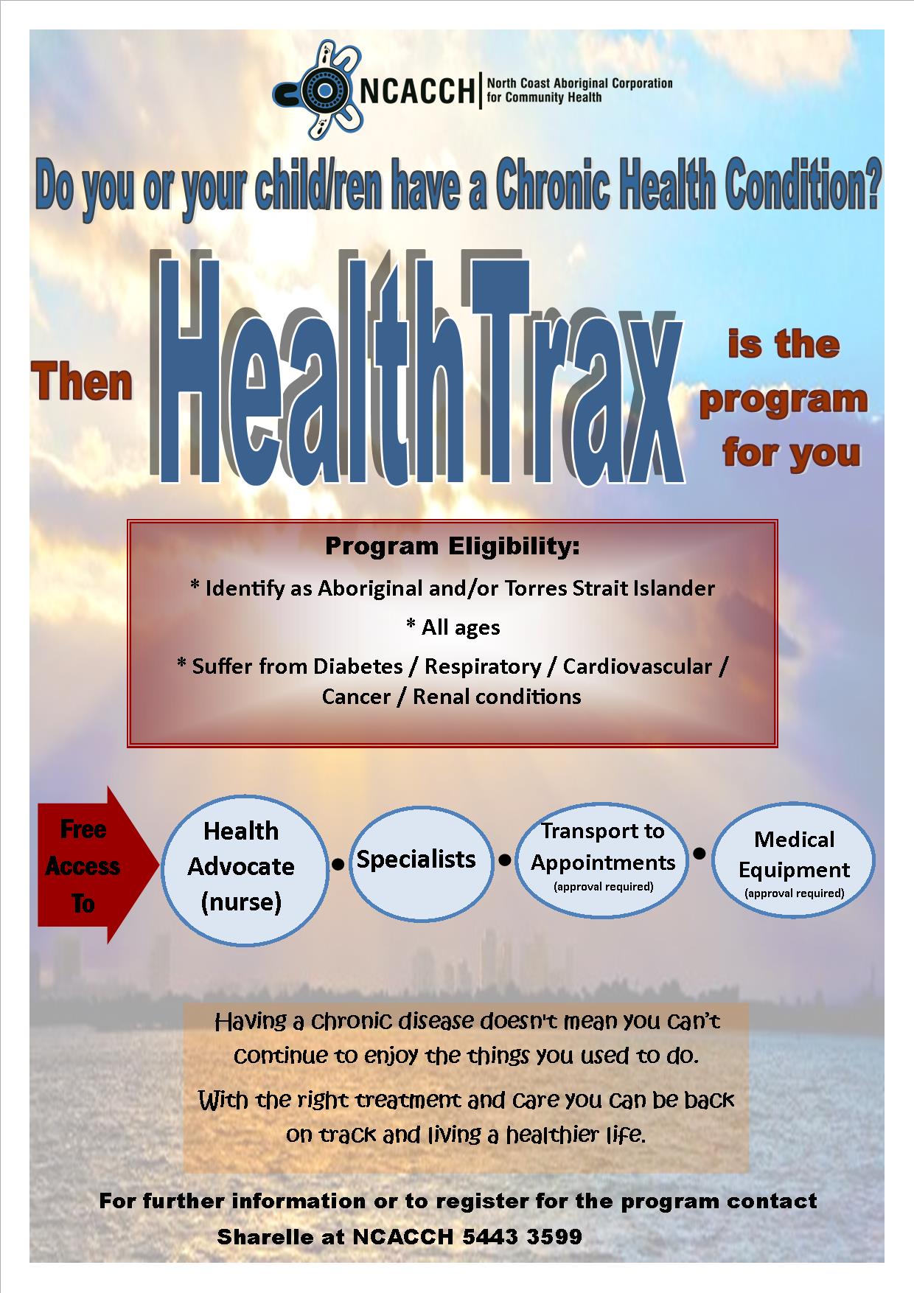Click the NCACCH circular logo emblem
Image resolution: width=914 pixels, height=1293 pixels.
coord(316,90)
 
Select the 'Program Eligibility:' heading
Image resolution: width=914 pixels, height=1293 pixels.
coord(453,546)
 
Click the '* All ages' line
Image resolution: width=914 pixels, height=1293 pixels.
coord(453,627)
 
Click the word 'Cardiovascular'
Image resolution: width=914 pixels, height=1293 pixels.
coord(638,666)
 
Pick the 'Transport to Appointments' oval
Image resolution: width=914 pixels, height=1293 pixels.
coord(601,857)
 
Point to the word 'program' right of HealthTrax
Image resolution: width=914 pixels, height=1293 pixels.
coord(784,400)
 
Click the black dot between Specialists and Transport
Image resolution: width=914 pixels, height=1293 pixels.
coord(505,860)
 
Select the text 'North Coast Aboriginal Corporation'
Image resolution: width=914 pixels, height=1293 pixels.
coord(579,83)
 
